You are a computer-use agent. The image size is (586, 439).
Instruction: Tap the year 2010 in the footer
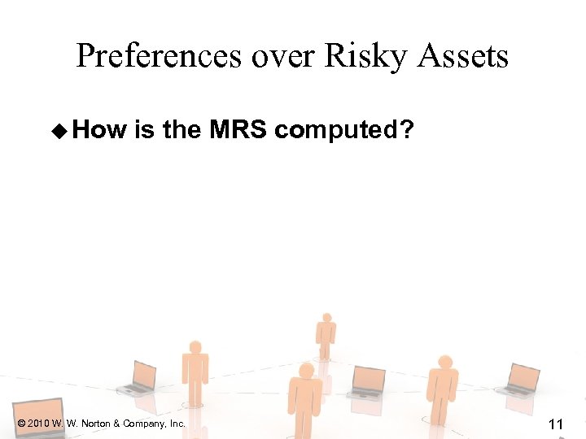[40, 424]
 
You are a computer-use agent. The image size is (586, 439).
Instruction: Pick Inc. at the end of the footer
[177, 424]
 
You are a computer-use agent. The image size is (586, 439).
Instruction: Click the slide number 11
[557, 423]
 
